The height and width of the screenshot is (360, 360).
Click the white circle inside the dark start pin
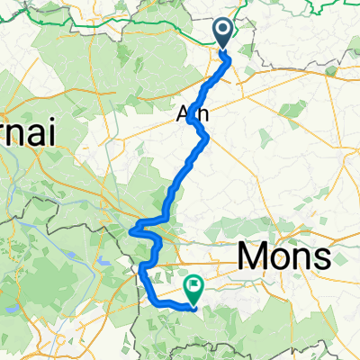(224, 31)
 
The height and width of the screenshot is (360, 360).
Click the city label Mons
(283, 259)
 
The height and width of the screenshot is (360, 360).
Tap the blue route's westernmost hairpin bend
(132, 230)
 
